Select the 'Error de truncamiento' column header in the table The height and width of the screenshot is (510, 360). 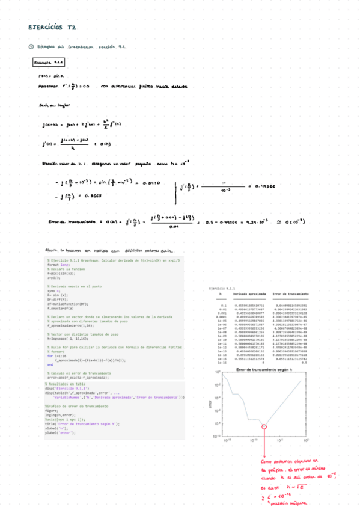(x=290, y=295)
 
